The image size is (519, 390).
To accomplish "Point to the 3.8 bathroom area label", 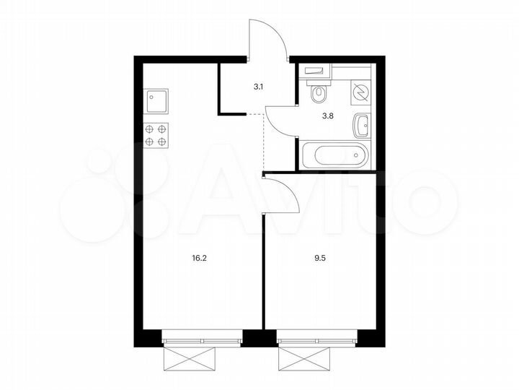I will [x=327, y=113].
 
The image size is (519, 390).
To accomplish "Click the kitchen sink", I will [x=156, y=101].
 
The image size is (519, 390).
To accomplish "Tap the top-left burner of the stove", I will [x=151, y=129].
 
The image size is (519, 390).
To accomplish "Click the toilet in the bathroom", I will [x=318, y=93].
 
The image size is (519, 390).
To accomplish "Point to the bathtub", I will [x=335, y=154].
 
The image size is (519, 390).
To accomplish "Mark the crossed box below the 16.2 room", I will [x=190, y=358].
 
